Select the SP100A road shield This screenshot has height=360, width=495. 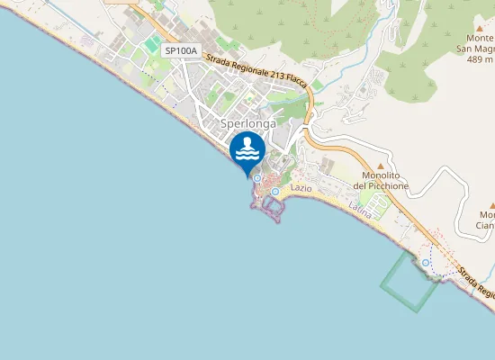(x=181, y=51)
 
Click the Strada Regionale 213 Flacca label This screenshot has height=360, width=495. (x=256, y=71)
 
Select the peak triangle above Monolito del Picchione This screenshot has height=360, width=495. (x=380, y=166)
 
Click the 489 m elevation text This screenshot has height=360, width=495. (x=481, y=59)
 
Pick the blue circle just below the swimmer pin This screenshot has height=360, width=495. (x=256, y=178)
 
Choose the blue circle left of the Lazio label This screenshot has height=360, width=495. (x=274, y=191)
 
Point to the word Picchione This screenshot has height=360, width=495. (x=381, y=185)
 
